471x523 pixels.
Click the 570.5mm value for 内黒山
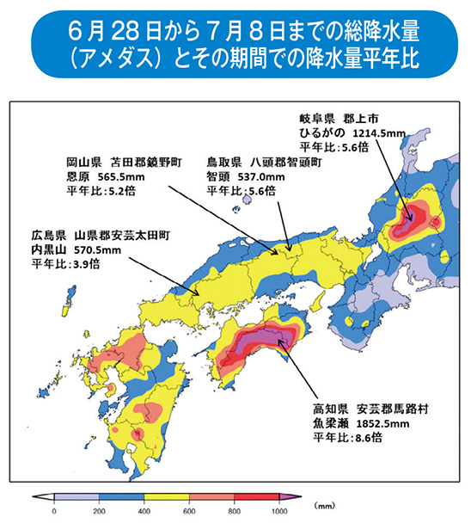(x=76, y=249)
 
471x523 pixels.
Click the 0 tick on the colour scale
(x=54, y=511)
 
